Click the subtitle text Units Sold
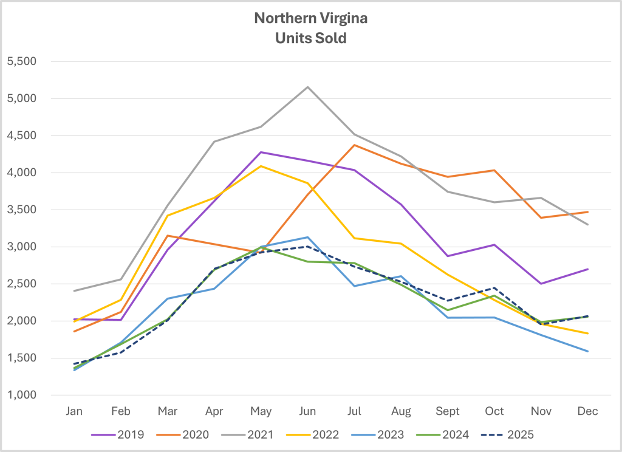tap(311, 38)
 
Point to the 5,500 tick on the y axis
tap(21, 61)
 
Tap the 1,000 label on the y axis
tap(21, 395)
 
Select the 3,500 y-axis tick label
tap(21, 210)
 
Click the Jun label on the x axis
tap(308, 411)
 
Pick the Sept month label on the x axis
tap(448, 411)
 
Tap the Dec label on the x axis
tap(588, 411)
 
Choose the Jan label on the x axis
tap(74, 411)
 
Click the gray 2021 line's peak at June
tap(308, 87)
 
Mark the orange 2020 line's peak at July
tap(355, 145)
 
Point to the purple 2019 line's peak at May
tap(261, 152)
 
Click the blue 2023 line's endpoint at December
tap(588, 351)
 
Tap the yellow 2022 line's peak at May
tap(261, 166)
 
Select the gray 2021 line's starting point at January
tap(74, 291)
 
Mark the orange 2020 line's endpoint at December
tap(588, 212)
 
